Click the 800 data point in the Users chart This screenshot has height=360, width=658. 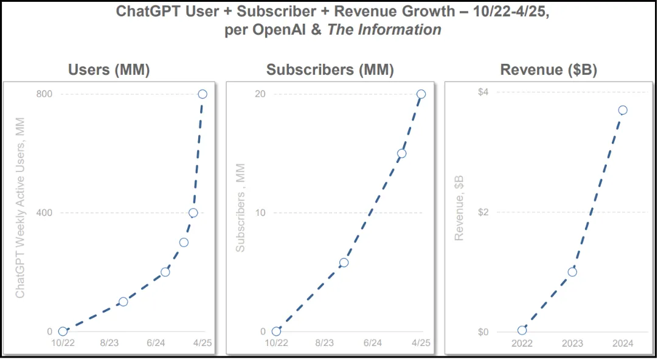[x=203, y=94]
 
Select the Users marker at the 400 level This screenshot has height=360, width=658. [x=193, y=213]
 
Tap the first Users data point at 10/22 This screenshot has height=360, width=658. [x=63, y=331]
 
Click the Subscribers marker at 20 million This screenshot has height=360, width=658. [x=421, y=94]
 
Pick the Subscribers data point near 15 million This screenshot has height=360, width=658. [x=401, y=153]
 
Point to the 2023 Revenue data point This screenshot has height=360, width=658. [x=572, y=272]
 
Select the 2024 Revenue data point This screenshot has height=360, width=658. [x=622, y=110]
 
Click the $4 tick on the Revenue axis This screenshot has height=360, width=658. [x=483, y=92]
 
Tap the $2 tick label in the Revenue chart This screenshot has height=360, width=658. [x=483, y=212]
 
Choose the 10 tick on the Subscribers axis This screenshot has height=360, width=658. [x=260, y=213]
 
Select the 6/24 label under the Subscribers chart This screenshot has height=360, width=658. [x=372, y=344]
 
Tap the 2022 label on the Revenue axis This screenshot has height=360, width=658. [x=522, y=344]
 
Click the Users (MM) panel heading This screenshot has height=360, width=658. [x=108, y=70]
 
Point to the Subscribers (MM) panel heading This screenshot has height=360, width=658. [x=330, y=70]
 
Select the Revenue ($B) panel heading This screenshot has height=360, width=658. [x=549, y=70]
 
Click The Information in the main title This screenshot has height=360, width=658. [x=384, y=30]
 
